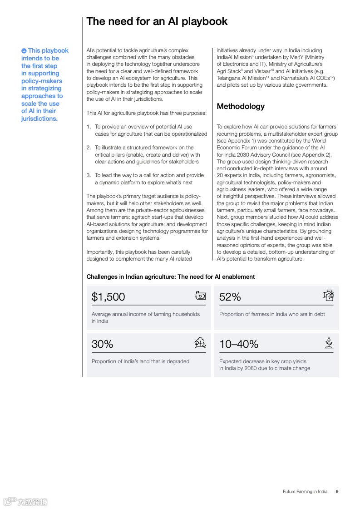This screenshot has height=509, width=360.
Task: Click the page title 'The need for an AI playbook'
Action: point(157,21)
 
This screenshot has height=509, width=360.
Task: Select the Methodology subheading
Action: point(241,106)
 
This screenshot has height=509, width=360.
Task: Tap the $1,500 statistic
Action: point(108,297)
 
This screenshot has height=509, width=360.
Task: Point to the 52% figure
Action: point(230,297)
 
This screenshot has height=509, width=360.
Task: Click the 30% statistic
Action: point(102,344)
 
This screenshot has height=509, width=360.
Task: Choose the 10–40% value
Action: point(238,344)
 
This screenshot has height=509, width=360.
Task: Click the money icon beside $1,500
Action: point(200,296)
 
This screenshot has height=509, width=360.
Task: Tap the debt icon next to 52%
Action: point(328,295)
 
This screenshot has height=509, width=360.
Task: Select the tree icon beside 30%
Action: point(200,343)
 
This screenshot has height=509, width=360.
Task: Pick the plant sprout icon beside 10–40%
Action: point(329,343)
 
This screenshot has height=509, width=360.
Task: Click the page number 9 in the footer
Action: point(337,491)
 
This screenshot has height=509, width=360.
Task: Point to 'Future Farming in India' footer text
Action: point(305,491)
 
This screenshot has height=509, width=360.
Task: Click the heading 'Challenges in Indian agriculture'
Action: point(171,277)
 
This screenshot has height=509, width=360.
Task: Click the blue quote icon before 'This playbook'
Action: point(24,51)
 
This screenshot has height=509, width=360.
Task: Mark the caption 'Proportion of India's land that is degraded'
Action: point(140,361)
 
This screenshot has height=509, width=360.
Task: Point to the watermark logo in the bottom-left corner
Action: point(25,502)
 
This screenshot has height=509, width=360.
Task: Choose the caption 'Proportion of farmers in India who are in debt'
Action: point(272,314)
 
